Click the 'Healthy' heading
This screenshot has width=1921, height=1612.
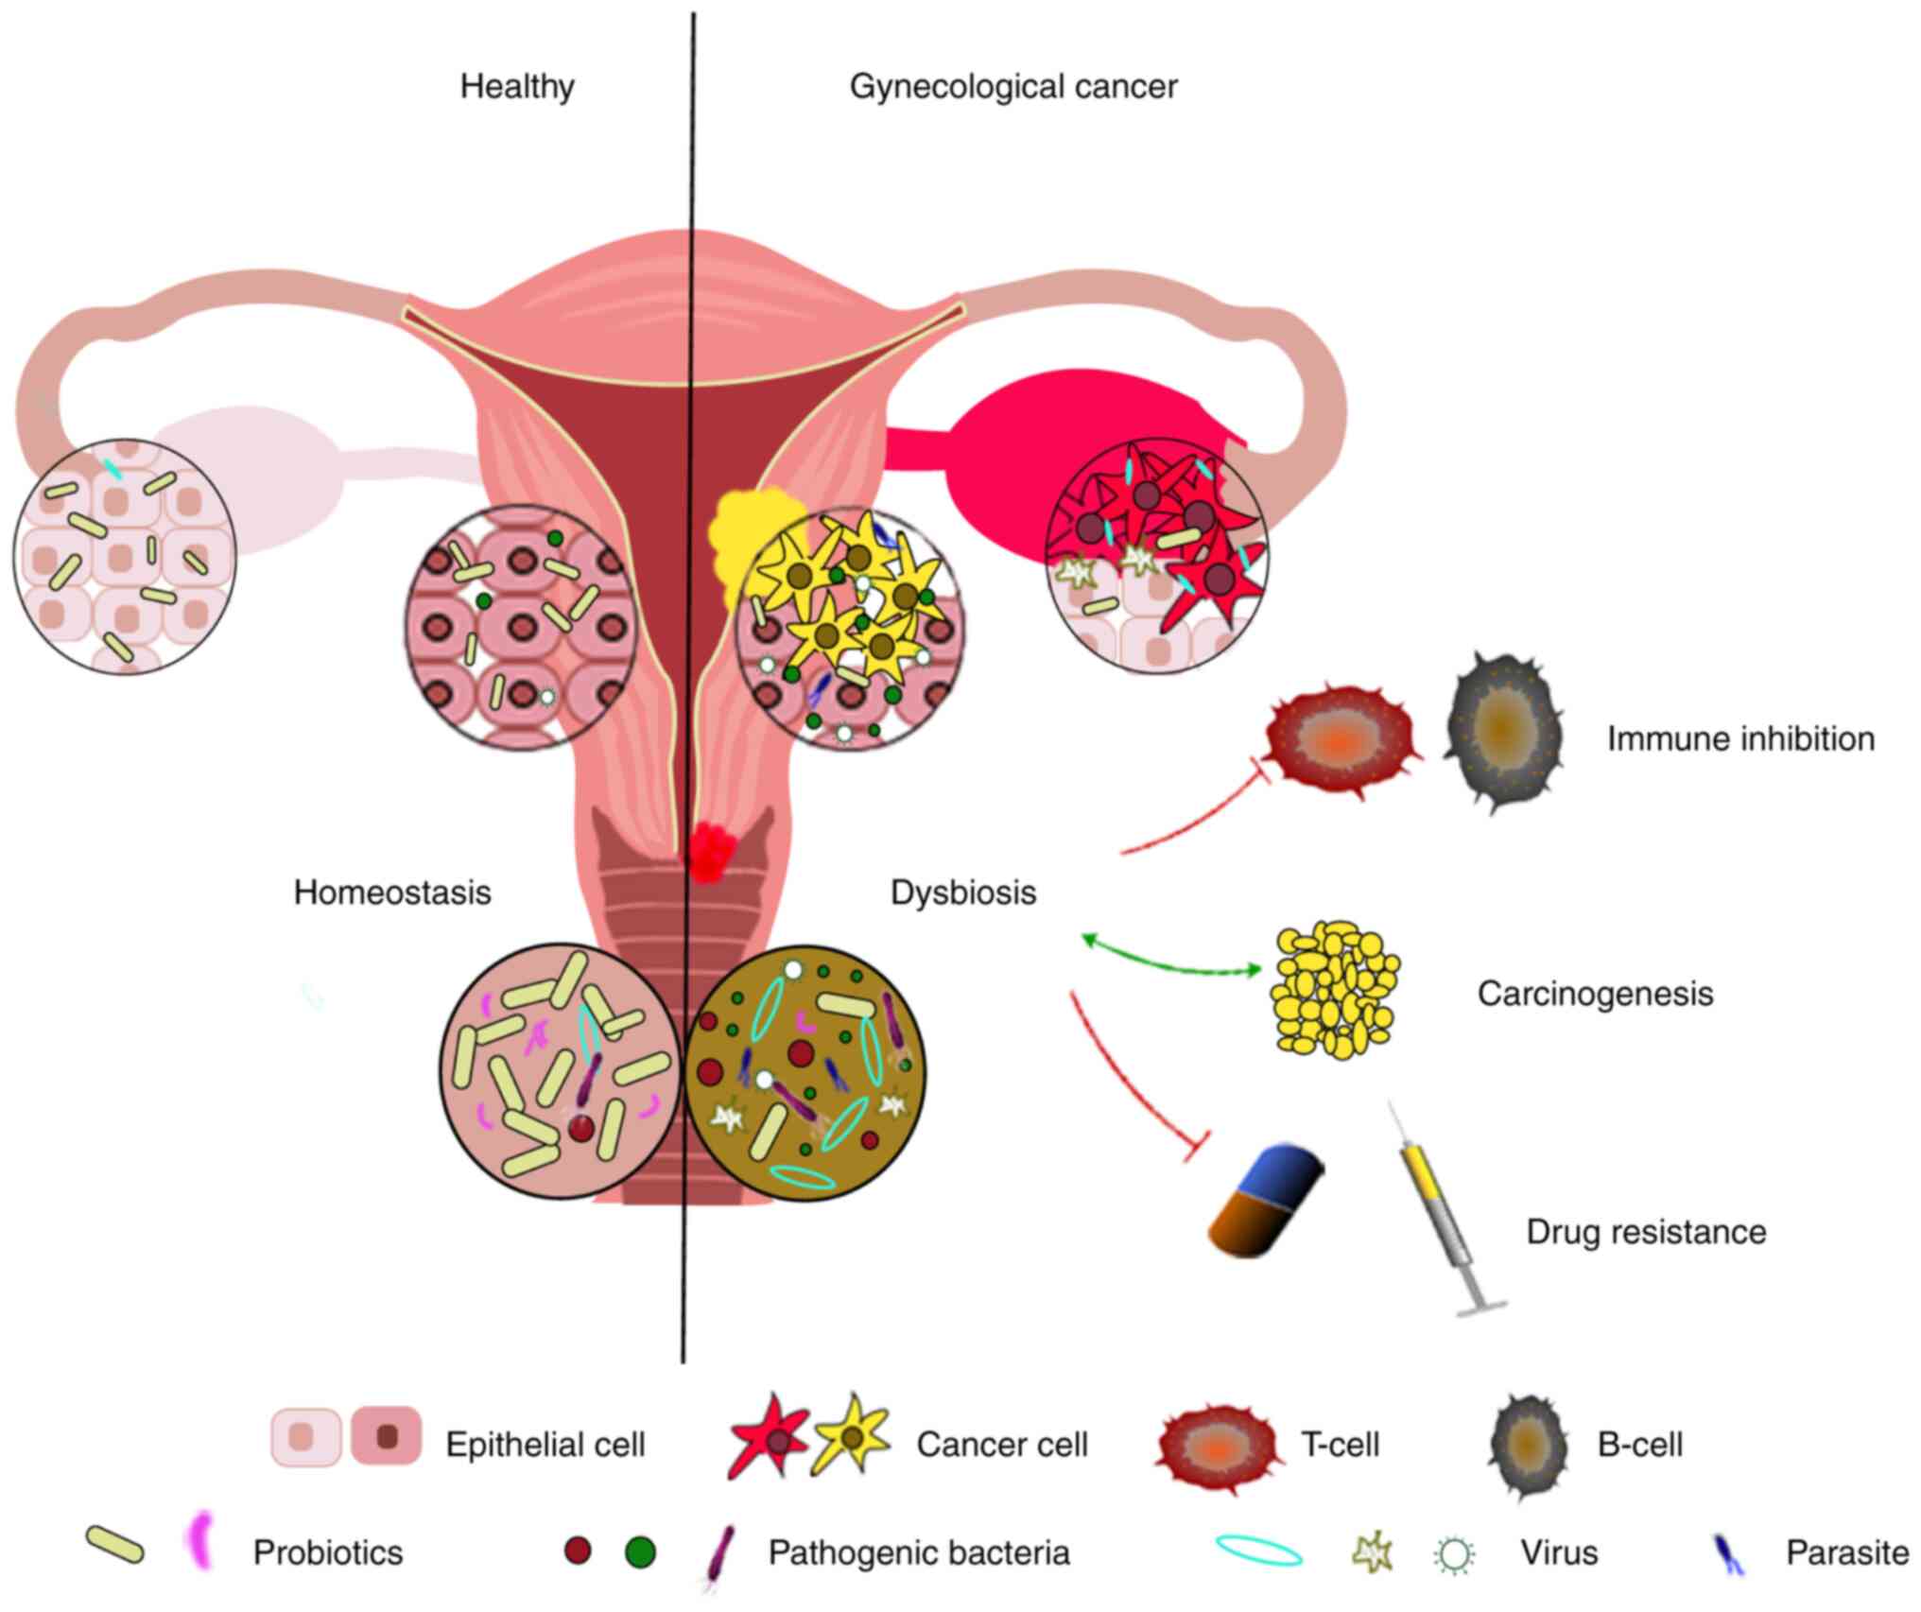point(517,87)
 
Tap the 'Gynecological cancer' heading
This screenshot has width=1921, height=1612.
point(1013,87)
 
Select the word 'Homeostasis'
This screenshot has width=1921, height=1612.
point(392,893)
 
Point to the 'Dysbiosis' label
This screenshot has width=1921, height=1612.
point(963,893)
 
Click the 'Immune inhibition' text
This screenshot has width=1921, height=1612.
point(1740,738)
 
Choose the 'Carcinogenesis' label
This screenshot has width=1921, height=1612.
point(1595,994)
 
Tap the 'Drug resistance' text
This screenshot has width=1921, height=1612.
point(1646,1232)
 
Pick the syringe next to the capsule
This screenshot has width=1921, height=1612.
point(1442,1210)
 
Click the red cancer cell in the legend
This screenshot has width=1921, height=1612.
point(768,1439)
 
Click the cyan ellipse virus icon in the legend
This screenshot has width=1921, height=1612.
point(1258,1551)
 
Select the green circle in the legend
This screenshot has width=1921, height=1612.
point(640,1552)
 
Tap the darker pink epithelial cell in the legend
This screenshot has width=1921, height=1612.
point(387,1436)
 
